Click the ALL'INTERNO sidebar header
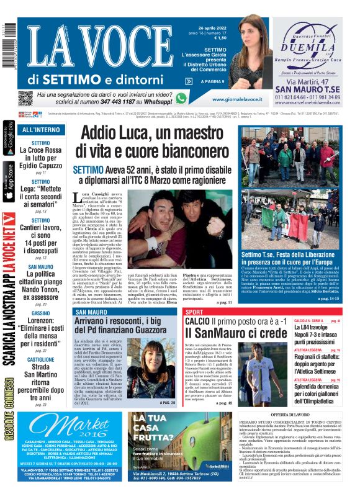(x=41, y=130)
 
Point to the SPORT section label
(x=194, y=312)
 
